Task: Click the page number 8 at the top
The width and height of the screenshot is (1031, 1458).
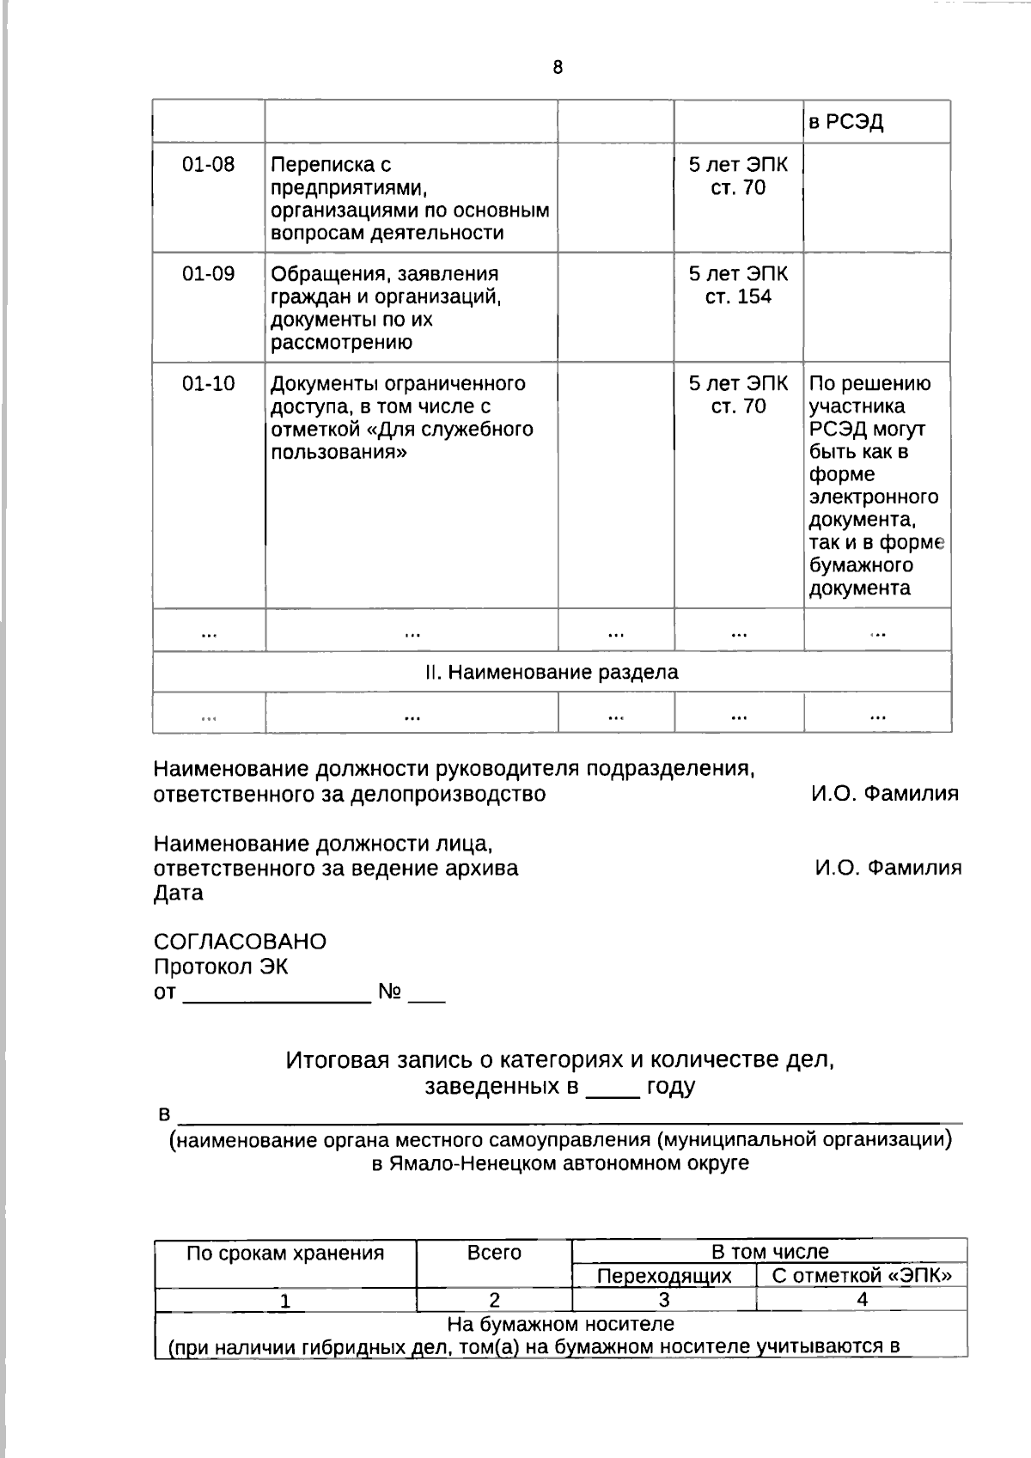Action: tap(558, 68)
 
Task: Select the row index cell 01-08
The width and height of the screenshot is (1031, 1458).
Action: tap(208, 165)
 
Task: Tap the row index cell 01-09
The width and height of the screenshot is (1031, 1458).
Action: tap(208, 274)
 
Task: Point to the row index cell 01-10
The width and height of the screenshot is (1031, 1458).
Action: tap(208, 384)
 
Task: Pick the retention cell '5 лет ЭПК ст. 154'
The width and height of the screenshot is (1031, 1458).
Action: tap(738, 285)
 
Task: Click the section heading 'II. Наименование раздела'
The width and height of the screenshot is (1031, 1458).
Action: tap(552, 672)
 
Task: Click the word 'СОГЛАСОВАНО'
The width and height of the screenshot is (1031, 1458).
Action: tap(240, 942)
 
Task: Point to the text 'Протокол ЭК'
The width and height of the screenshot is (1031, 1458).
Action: tap(221, 967)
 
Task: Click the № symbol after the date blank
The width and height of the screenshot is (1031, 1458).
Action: tap(390, 992)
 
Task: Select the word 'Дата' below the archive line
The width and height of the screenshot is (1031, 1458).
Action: tap(179, 894)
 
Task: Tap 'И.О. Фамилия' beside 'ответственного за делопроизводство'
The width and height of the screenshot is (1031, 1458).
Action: tap(884, 794)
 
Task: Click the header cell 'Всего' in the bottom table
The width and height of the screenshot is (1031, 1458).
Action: tap(494, 1253)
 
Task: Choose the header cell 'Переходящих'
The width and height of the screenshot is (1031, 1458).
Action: tap(664, 1276)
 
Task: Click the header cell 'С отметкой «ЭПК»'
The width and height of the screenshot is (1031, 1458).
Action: tap(862, 1275)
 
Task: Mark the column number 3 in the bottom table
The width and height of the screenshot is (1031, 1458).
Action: tap(664, 1300)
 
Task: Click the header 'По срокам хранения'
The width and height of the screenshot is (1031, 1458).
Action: tap(285, 1253)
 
